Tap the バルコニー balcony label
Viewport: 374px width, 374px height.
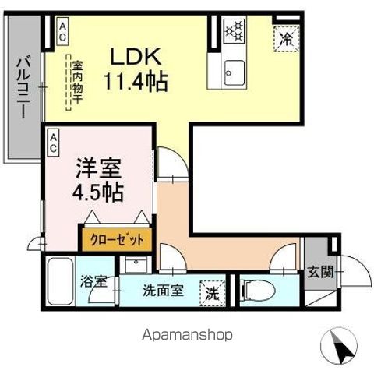(x=23, y=85)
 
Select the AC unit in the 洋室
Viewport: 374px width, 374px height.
(x=54, y=139)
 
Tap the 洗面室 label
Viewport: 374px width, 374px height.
(x=163, y=291)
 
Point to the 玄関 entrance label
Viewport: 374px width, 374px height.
(x=319, y=272)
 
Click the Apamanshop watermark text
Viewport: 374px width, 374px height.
(x=187, y=335)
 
